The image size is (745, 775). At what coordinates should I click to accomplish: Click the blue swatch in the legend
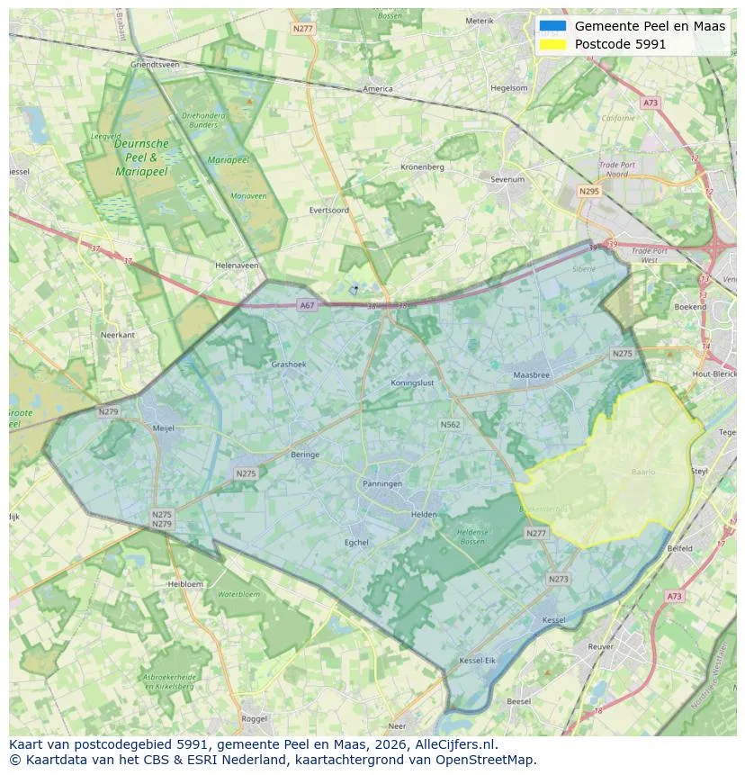point(554,26)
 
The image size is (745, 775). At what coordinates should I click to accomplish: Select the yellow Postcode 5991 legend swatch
point(554,44)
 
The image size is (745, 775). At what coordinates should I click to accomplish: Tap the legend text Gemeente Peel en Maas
point(650,26)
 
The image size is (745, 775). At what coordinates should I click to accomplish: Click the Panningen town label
point(382,483)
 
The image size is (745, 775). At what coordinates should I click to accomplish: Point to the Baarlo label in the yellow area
point(643,471)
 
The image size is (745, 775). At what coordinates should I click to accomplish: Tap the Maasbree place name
point(531,374)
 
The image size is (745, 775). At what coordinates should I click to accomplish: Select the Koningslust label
point(413,383)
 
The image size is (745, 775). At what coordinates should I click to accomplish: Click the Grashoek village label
point(289,365)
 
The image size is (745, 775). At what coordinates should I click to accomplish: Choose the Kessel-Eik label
point(478,661)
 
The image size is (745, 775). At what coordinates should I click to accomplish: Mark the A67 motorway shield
point(308,305)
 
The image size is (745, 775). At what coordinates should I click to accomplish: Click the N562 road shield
point(451,424)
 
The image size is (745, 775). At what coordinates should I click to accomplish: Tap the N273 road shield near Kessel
point(559,579)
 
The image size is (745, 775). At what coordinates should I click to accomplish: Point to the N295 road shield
point(589,191)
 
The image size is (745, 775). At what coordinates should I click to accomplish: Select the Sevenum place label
point(507,179)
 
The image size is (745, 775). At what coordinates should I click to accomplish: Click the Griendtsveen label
point(155,65)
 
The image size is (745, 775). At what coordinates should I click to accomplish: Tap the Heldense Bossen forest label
point(471,536)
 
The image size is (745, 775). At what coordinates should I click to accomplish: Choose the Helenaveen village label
point(238,266)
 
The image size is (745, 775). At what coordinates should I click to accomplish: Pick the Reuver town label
point(600,646)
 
